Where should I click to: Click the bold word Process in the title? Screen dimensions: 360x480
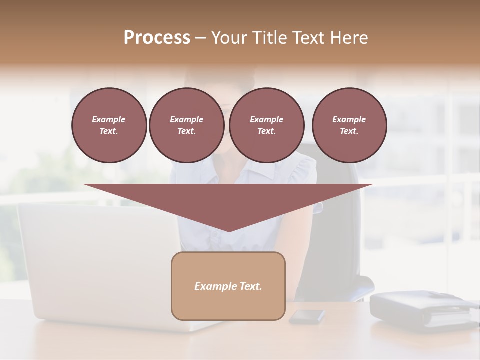point(157,38)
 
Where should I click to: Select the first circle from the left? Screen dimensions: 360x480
point(109,125)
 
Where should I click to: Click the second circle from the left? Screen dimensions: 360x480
point(186,125)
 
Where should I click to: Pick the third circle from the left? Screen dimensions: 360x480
point(266,125)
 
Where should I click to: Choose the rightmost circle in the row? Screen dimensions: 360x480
point(349,125)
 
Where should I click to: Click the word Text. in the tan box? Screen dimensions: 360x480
point(250,286)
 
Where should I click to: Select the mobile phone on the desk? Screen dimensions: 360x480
point(306,316)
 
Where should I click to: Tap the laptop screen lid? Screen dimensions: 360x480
point(95,260)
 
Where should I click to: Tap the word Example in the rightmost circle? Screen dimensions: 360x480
point(349,119)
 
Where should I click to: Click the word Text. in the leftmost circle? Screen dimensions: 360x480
point(109,131)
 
